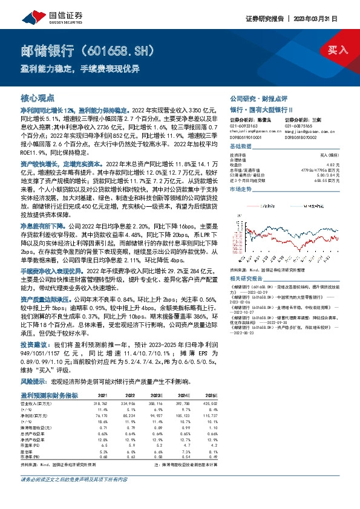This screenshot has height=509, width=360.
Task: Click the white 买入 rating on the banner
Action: [336, 50]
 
